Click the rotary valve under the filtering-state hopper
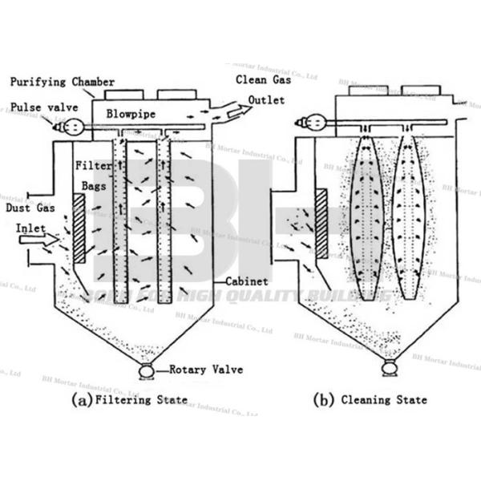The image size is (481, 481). [x=147, y=371]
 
